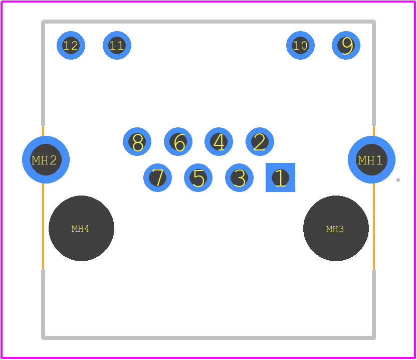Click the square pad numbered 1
click(280, 177)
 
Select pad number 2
click(260, 141)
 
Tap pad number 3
click(239, 177)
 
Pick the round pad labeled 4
click(219, 141)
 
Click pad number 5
click(198, 177)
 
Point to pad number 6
click(178, 141)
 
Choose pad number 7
click(157, 177)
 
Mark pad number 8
click(137, 141)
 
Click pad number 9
click(346, 46)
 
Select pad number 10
click(301, 46)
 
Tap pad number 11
click(117, 46)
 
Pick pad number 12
click(71, 46)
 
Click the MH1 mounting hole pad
click(371, 159)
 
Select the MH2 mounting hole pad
click(46, 159)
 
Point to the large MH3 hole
click(336, 228)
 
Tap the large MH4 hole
click(81, 228)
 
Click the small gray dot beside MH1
click(398, 180)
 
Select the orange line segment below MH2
click(43, 226)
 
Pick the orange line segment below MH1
click(374, 226)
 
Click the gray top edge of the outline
click(209, 22)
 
